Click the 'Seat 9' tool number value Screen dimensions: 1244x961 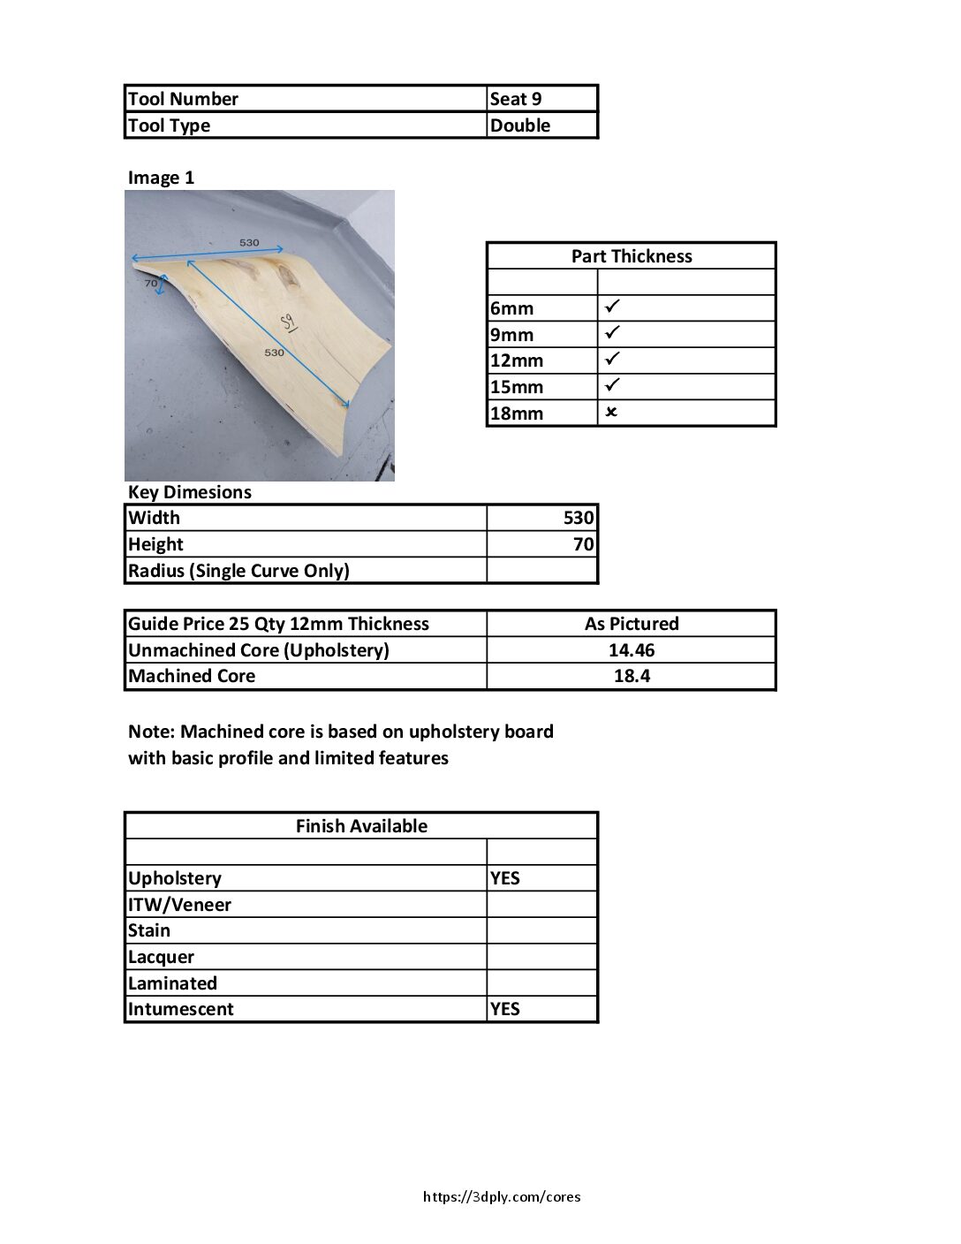point(516,99)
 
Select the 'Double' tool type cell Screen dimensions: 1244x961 point(520,125)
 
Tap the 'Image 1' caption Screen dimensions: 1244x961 point(161,178)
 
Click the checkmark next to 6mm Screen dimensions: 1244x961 point(613,307)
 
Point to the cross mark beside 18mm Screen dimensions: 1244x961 point(611,413)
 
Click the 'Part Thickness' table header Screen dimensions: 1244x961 point(631,256)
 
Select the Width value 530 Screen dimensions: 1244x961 point(579,518)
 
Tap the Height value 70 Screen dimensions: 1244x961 point(584,544)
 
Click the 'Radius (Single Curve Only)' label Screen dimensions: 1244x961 point(238,571)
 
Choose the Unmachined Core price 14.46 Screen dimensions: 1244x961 point(632,650)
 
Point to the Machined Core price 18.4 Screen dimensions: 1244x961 point(632,676)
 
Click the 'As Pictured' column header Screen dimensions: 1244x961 point(632,624)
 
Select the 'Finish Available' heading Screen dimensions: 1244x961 point(361,826)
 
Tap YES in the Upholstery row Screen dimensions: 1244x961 point(505,878)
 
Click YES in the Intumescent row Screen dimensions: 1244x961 point(505,1009)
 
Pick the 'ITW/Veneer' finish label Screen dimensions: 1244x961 point(179,905)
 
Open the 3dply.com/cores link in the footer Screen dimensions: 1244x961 point(502,1197)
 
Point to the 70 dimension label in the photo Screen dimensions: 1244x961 point(151,283)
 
